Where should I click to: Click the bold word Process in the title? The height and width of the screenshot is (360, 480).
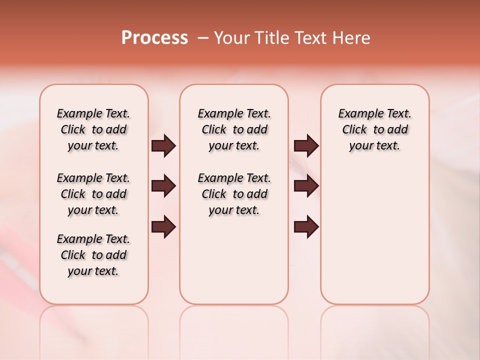coord(154,38)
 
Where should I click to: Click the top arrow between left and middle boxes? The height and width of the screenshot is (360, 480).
coord(163,146)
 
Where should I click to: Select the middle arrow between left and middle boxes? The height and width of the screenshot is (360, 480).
coord(163,186)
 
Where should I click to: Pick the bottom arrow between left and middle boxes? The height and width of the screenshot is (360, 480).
coord(163,227)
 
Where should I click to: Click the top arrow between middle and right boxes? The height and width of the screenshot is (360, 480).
coord(306,146)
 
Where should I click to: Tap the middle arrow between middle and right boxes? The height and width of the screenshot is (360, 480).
coord(306,186)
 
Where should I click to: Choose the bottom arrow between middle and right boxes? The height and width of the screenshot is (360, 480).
coord(306,227)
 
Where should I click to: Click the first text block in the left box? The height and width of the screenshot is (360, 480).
coord(93,129)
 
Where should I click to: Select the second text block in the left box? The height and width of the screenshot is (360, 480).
coord(93,194)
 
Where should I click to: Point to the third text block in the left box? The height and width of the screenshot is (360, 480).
coord(93,255)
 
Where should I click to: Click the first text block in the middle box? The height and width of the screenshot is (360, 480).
coord(234,129)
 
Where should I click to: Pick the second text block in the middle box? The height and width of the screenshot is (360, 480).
coord(234,194)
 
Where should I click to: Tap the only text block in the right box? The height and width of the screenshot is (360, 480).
coord(374,129)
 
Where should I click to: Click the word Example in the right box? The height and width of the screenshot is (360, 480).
coord(356,114)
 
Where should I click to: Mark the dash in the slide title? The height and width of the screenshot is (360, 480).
coord(203,38)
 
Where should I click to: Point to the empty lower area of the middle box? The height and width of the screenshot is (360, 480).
coord(234,260)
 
